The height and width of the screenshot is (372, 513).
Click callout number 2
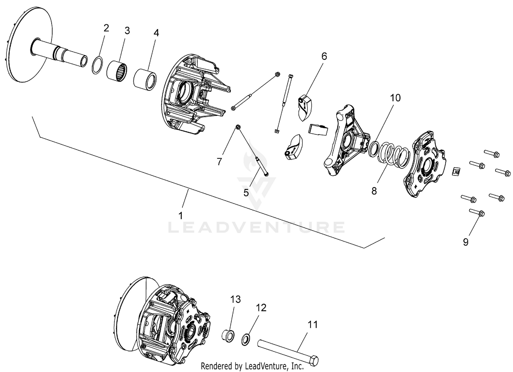pyautogui.click(x=106, y=28)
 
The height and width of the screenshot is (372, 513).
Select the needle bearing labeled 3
pyautogui.click(x=117, y=71)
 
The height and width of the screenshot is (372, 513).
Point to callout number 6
pyautogui.click(x=324, y=56)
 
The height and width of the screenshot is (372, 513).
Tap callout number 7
pyautogui.click(x=219, y=162)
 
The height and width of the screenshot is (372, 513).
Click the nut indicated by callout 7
pyautogui.click(x=238, y=127)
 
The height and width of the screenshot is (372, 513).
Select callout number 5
pyautogui.click(x=246, y=193)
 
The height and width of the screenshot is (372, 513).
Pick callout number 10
pyautogui.click(x=395, y=98)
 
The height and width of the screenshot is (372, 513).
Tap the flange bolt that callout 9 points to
pyautogui.click(x=477, y=213)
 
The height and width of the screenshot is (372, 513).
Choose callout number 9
pyautogui.click(x=465, y=242)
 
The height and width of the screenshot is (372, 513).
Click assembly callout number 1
pyautogui.click(x=181, y=216)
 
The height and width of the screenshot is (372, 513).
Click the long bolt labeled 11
pyautogui.click(x=288, y=352)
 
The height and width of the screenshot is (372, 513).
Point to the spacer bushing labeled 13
pyautogui.click(x=228, y=335)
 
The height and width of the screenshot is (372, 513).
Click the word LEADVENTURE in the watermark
pyautogui.click(x=256, y=227)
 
